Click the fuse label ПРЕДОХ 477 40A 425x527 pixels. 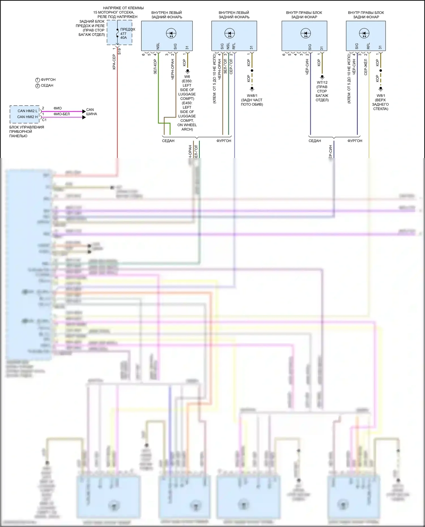pyautogui.click(x=127, y=33)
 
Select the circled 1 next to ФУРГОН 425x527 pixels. pyautogui.click(x=37, y=80)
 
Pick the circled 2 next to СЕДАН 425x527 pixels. pyautogui.click(x=37, y=86)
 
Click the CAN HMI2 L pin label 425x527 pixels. pyautogui.click(x=27, y=111)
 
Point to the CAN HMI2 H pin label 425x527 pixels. pyautogui.click(x=27, y=117)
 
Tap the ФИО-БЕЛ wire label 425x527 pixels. pyautogui.click(x=61, y=114)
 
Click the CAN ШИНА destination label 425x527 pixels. pyautogui.click(x=91, y=112)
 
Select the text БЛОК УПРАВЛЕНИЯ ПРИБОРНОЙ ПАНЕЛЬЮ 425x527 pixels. pyautogui.click(x=26, y=132)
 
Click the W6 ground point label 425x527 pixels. pyautogui.click(x=187, y=77)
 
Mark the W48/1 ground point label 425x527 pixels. pyautogui.click(x=252, y=96)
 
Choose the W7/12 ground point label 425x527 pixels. pyautogui.click(x=322, y=83)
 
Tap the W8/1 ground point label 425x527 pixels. pyautogui.click(x=381, y=96)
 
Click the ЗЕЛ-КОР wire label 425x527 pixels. pyautogui.click(x=155, y=67)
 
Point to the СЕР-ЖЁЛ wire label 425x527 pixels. pyautogui.click(x=365, y=67)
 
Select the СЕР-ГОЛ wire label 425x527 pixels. pyautogui.click(x=231, y=67)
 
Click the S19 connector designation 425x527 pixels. pyautogui.click(x=119, y=51)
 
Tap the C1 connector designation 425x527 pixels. pyautogui.click(x=44, y=120)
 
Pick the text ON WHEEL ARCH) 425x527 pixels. pyautogui.click(x=187, y=127)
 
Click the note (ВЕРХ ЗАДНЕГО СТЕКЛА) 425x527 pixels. pyautogui.click(x=381, y=104)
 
